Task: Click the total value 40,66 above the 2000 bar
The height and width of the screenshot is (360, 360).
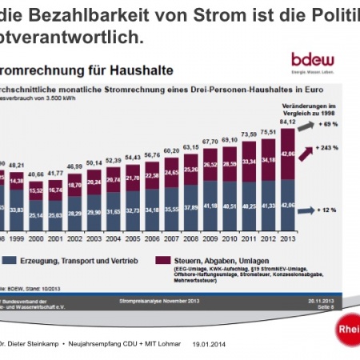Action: pyautogui.click(x=35, y=174)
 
